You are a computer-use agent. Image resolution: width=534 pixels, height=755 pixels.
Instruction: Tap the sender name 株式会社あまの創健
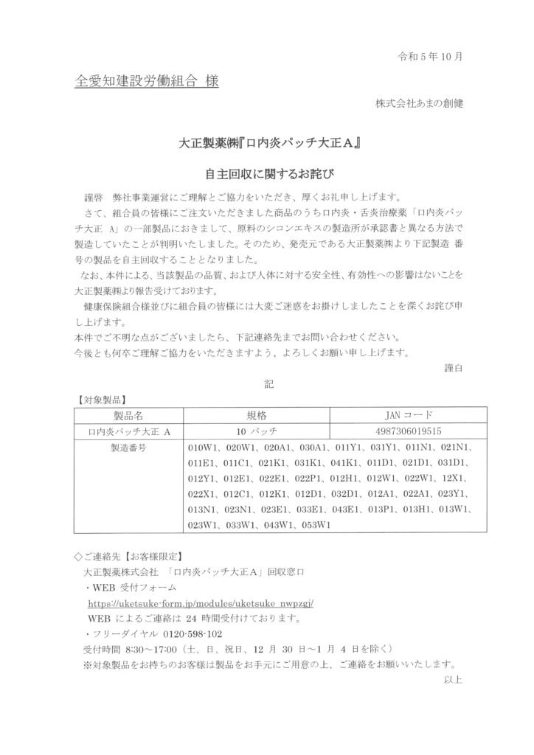(419, 103)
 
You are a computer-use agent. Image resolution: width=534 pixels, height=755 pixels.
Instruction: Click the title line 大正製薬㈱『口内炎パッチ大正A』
(266, 144)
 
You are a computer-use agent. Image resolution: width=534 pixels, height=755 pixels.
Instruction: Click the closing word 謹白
(454, 367)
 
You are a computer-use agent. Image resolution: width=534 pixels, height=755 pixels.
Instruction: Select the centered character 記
(268, 384)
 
